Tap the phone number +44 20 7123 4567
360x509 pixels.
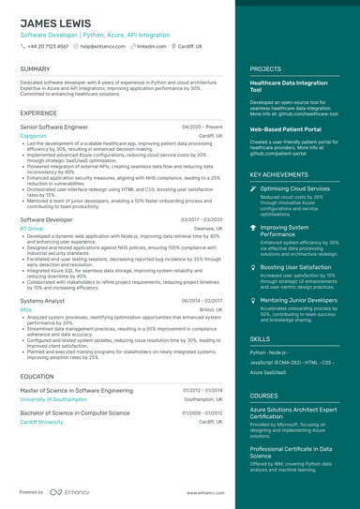[x=46, y=45]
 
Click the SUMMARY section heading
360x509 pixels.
[x=35, y=68]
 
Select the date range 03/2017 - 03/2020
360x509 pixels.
[x=202, y=218]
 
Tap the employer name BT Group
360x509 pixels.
[x=31, y=228]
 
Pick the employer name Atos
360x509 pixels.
[x=25, y=308]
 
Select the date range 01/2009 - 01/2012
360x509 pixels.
[x=203, y=412]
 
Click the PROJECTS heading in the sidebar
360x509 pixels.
[x=267, y=68]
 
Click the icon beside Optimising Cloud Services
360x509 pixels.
[x=253, y=188]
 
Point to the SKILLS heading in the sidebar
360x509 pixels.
[x=260, y=338]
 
